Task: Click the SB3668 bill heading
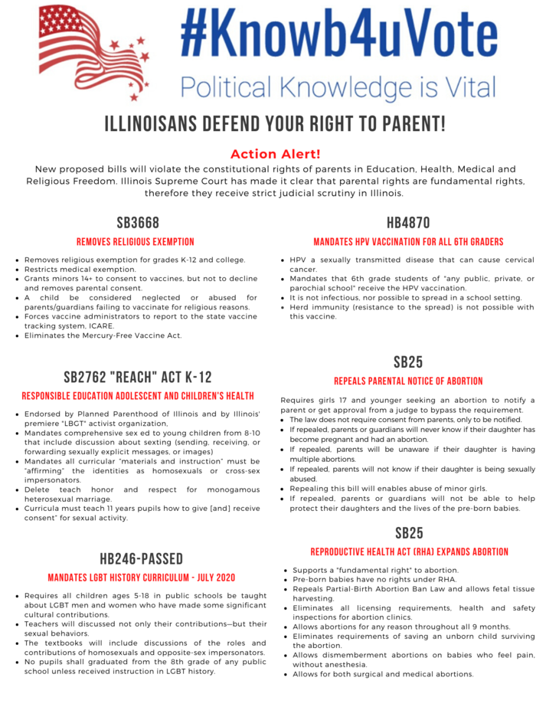point(138,223)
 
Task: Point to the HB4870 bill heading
point(408,223)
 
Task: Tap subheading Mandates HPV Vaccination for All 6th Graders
point(408,242)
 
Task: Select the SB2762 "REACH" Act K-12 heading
point(138,377)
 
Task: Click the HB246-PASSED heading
point(141,558)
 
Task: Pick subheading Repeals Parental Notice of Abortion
point(408,381)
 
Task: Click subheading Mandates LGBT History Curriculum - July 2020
point(141,578)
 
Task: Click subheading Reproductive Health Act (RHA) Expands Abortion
point(408,552)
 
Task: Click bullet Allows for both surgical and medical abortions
point(383,674)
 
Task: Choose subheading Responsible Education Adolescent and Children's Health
point(138,396)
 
